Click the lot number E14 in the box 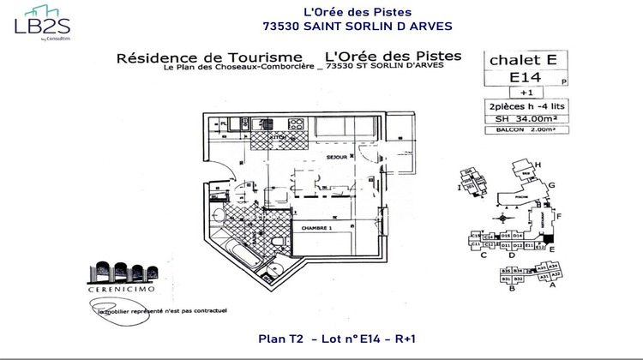click(514, 78)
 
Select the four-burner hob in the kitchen click(297, 124)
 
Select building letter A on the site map click(551, 286)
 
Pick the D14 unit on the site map click(518, 235)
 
